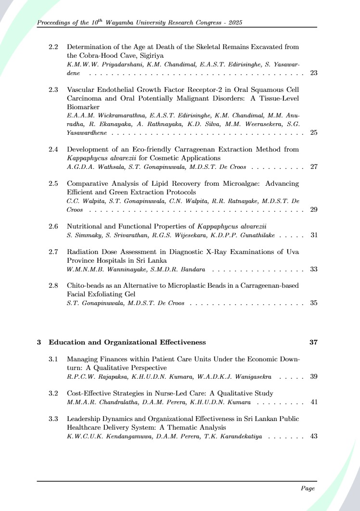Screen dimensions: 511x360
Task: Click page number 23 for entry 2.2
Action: tap(313, 73)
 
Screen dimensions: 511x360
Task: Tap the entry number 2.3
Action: tap(53, 89)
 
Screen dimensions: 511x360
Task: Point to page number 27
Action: tap(313, 167)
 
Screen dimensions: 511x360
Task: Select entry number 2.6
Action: tap(53, 226)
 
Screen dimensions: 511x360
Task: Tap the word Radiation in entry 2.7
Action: tap(82, 251)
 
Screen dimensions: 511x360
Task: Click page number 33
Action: tap(313, 269)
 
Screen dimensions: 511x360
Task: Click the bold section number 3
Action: tap(39, 342)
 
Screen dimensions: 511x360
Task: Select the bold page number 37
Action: tap(313, 342)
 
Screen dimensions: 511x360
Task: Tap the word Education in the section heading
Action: tap(67, 342)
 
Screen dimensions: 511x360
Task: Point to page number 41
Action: tap(313, 402)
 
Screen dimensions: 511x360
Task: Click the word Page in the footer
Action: tap(308, 488)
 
